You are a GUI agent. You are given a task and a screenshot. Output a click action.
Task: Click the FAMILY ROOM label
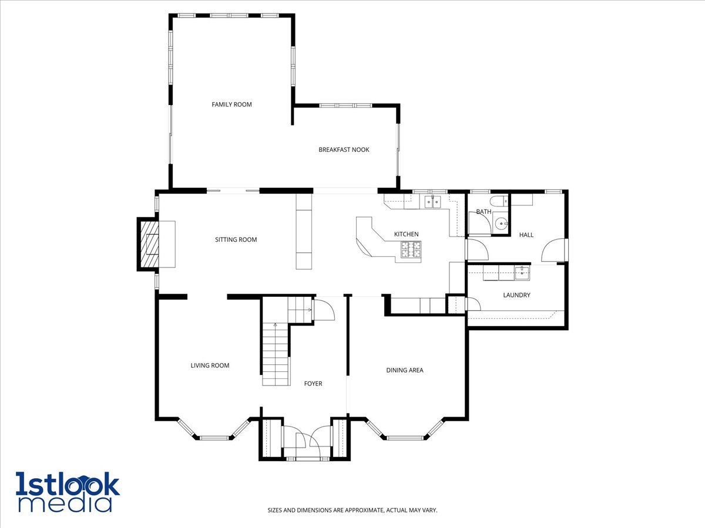click(x=231, y=104)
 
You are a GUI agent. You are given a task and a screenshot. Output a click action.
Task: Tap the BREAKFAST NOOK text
click(x=344, y=150)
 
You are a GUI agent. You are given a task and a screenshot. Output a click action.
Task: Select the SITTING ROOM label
click(x=236, y=239)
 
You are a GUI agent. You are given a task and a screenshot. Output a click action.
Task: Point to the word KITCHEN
click(x=407, y=234)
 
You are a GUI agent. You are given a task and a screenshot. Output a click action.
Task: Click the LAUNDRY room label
click(x=516, y=295)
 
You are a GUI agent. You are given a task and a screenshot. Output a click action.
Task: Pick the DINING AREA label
click(x=405, y=370)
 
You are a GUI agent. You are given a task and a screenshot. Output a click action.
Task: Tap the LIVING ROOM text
click(x=210, y=365)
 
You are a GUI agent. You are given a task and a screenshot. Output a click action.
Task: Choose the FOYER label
click(x=313, y=384)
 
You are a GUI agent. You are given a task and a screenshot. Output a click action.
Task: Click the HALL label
click(x=526, y=235)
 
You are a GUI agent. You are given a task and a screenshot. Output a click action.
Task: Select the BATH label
click(x=484, y=212)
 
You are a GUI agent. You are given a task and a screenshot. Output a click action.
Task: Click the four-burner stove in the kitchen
click(x=411, y=250)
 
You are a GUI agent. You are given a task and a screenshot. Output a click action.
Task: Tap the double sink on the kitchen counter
click(x=432, y=202)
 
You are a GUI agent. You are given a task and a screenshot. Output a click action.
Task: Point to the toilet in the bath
click(x=499, y=201)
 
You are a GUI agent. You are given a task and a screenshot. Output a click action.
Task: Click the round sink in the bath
click(x=501, y=224)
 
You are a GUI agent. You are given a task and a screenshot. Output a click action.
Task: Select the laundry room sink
click(x=522, y=273)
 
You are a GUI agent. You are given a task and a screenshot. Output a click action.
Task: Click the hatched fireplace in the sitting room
click(x=149, y=244)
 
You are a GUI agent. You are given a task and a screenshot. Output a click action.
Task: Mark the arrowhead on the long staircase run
click(x=276, y=325)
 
